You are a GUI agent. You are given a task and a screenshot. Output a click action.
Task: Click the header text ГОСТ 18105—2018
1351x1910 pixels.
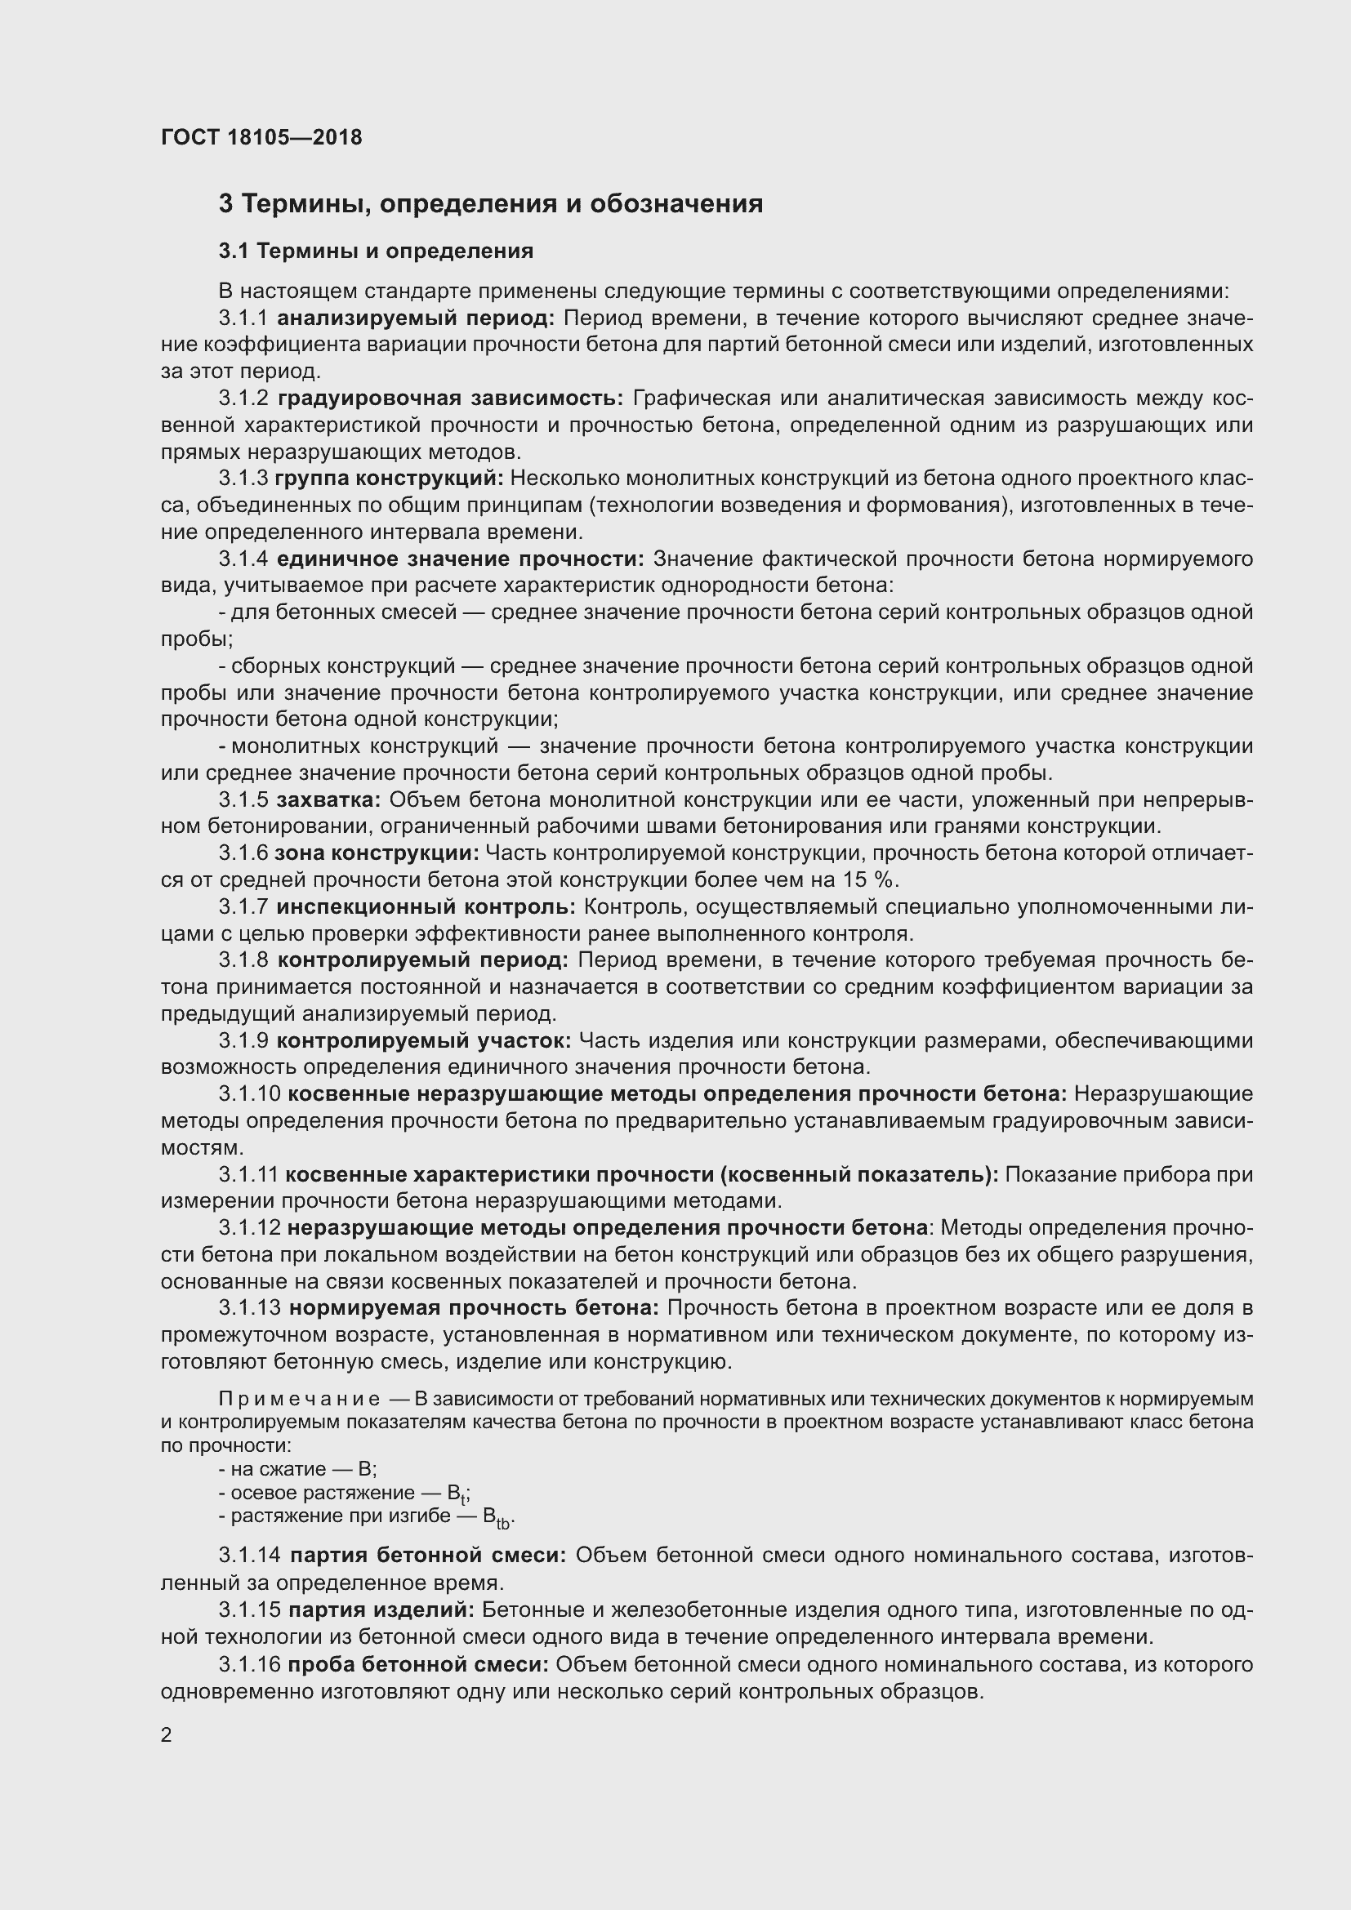coord(261,137)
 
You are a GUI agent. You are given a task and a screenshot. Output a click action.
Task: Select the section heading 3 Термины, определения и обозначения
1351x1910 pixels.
coord(491,204)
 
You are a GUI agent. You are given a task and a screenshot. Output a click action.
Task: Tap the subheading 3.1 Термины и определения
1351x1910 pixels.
coord(376,251)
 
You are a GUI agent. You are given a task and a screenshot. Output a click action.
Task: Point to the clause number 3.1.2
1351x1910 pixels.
coord(243,398)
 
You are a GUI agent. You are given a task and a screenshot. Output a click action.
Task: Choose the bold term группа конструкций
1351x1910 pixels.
coord(389,479)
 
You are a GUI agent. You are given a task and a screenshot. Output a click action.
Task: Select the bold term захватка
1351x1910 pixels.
coord(328,799)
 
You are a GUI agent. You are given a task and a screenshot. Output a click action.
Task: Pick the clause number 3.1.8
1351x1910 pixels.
coord(243,960)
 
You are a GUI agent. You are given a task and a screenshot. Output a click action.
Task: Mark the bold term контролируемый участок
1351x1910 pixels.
coord(423,1040)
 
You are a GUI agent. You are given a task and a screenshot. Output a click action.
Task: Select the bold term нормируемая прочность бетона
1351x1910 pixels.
coord(475,1307)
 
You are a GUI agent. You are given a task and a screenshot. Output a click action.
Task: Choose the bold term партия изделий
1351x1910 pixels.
coord(381,1609)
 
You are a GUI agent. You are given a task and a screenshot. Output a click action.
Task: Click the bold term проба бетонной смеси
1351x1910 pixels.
coord(417,1663)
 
